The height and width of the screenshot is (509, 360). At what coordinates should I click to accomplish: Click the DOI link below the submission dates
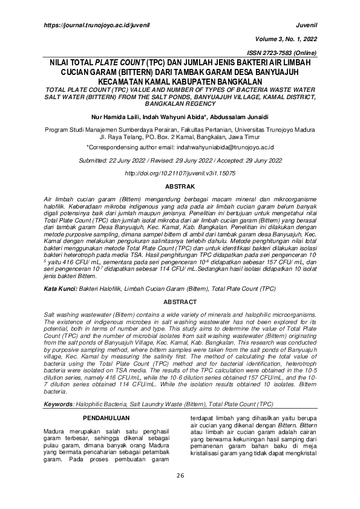pyautogui.click(x=180, y=173)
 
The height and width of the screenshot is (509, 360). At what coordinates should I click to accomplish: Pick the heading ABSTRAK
pyautogui.click(x=180, y=187)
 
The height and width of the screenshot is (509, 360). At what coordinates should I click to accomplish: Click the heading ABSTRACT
pyautogui.click(x=180, y=301)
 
